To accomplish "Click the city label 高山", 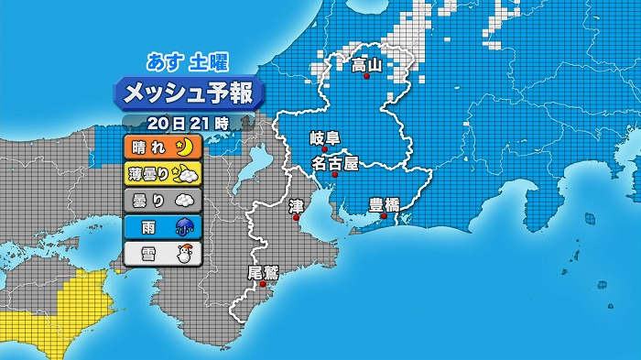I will [366, 65].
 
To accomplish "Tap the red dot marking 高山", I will [367, 77].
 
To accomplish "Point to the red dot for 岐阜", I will [325, 149].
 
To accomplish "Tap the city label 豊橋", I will [384, 204].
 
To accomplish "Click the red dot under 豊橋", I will [384, 216].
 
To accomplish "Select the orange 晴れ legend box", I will [160, 147].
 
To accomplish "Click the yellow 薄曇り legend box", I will [160, 172].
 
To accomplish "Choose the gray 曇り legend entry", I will [160, 199].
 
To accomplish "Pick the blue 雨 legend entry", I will [160, 226].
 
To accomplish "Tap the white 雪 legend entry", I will [160, 253].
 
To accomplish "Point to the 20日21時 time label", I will [187, 123].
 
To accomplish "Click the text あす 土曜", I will [188, 62].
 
